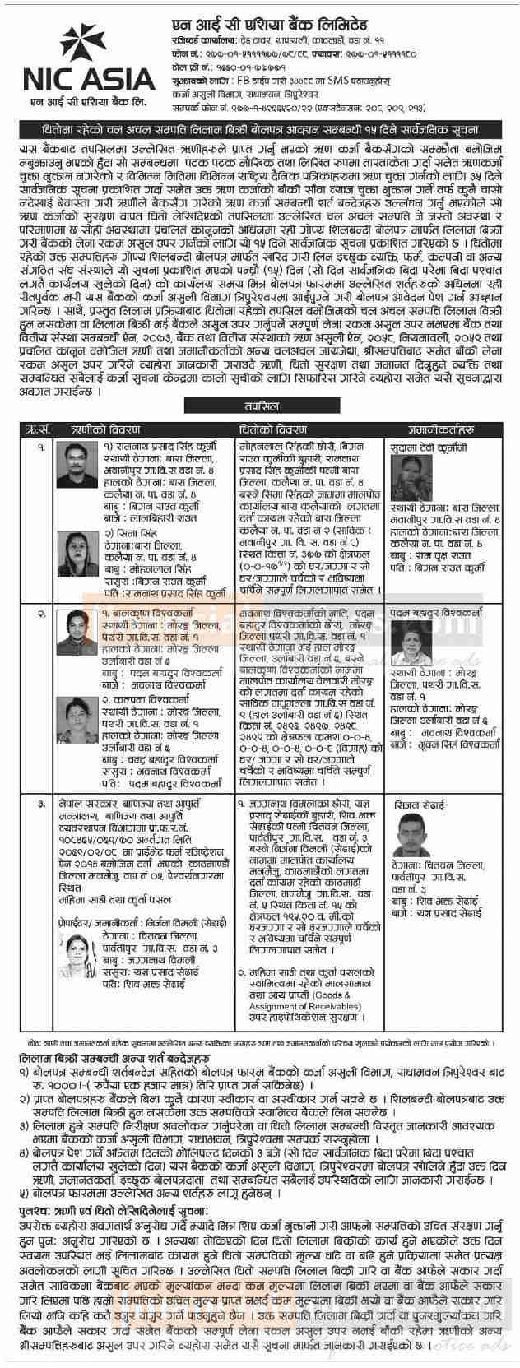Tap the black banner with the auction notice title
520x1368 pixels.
click(260, 131)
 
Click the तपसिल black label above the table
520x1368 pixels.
click(259, 406)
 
